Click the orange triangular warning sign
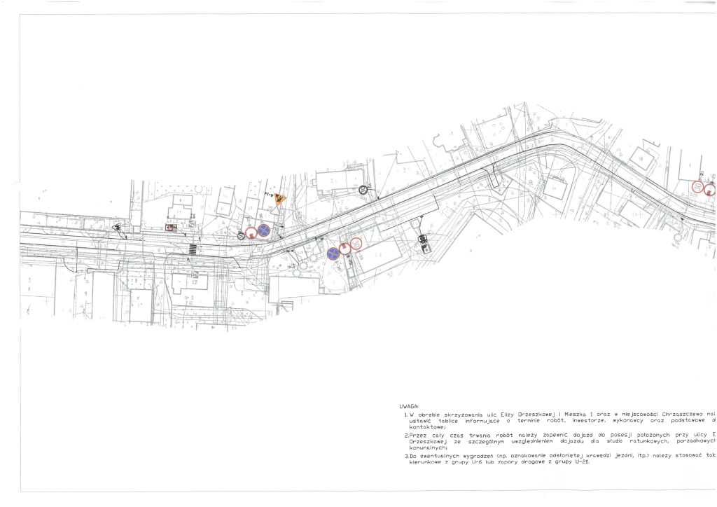tap(280, 199)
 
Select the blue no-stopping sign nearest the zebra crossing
tap(264, 230)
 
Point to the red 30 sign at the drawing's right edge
tap(697, 187)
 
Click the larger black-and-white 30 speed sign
tap(363, 189)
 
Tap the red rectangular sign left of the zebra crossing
tap(170, 228)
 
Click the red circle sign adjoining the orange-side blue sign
tap(251, 232)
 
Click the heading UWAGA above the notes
tap(409, 406)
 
